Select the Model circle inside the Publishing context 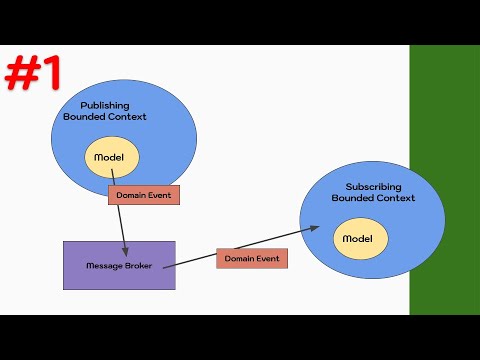110,159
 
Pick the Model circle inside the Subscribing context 357,239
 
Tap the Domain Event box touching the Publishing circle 142,195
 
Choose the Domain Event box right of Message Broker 252,258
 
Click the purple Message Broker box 118,265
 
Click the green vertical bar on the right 444,180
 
